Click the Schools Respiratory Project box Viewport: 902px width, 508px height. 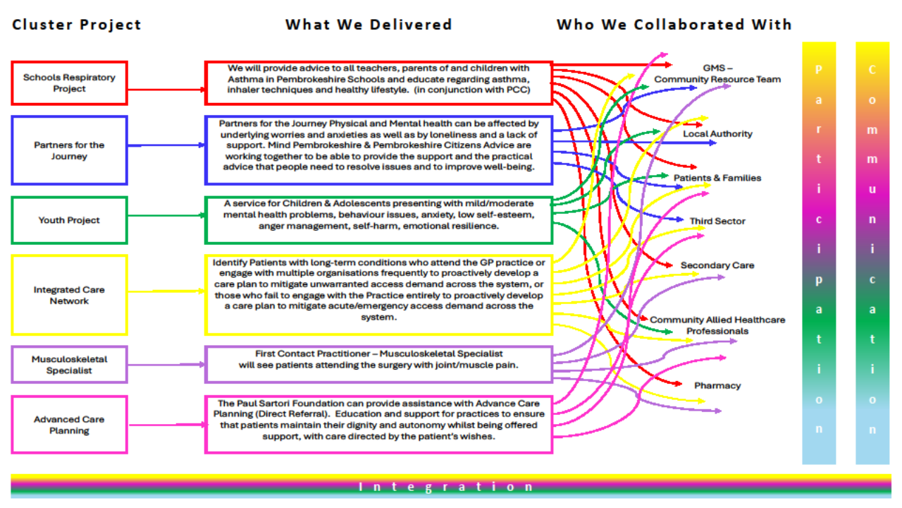tap(69, 83)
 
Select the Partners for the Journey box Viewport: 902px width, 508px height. tap(69, 150)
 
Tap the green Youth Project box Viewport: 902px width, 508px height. tap(69, 220)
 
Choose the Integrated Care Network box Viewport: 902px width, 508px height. tap(69, 295)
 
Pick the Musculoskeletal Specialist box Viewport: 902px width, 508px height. tap(69, 365)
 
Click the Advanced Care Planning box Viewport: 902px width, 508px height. tap(69, 425)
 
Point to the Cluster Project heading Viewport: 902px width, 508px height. tap(77, 25)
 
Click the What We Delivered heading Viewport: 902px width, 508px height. tap(369, 25)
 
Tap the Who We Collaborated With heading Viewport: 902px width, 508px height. tap(674, 25)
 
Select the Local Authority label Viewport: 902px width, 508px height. tap(717, 134)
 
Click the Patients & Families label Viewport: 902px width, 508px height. tap(717, 178)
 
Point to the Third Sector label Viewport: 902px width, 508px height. tap(717, 222)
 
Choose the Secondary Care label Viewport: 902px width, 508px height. tap(717, 265)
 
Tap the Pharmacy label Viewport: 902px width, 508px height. tap(717, 386)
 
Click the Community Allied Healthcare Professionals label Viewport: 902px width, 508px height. tap(717, 325)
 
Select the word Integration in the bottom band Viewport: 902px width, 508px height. tap(447, 487)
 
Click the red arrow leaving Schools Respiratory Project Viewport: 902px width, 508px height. tap(166, 90)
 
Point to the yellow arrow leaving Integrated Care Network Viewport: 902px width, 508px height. tap(166, 291)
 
